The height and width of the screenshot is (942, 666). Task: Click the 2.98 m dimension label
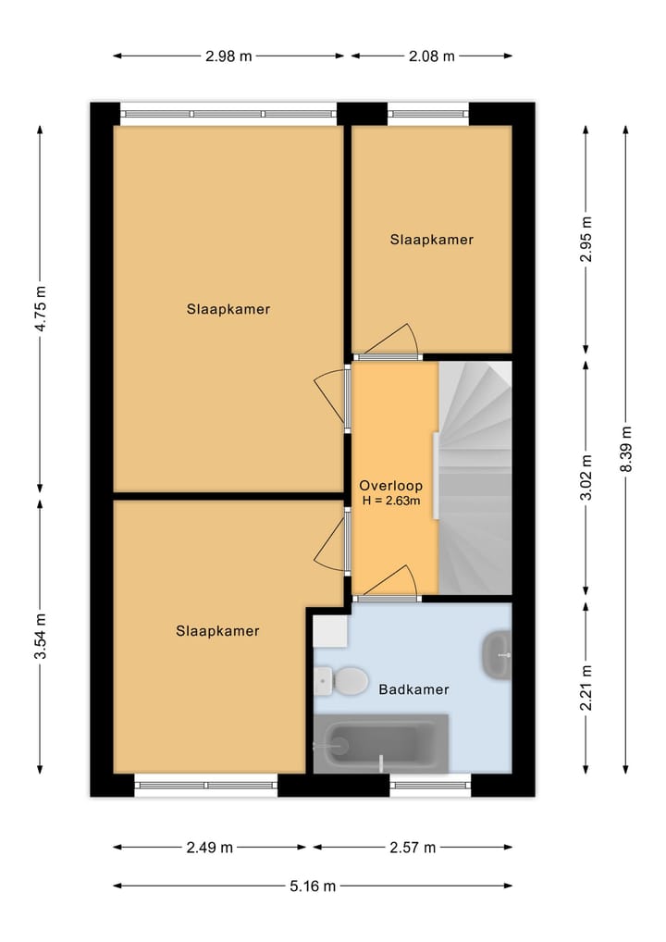coord(228,56)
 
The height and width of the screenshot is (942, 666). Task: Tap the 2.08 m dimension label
coord(431,56)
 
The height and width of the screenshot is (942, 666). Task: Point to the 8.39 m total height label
coord(626,450)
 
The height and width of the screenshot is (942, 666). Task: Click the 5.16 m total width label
coord(312,886)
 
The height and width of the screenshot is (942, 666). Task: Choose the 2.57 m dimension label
coord(412,847)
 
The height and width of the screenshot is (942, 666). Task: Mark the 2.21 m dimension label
coord(586,688)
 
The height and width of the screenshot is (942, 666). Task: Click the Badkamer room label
coord(413,689)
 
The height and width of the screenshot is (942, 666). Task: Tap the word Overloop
coord(390,485)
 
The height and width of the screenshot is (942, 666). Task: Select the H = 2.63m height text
coord(390,502)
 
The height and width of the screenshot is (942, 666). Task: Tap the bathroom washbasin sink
coord(498,654)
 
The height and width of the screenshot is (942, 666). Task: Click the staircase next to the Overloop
coord(475,477)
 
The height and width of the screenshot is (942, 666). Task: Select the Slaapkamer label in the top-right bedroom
coord(431,240)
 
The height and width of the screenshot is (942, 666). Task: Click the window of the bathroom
coord(430,787)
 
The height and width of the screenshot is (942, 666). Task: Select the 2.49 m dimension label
coord(210,847)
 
